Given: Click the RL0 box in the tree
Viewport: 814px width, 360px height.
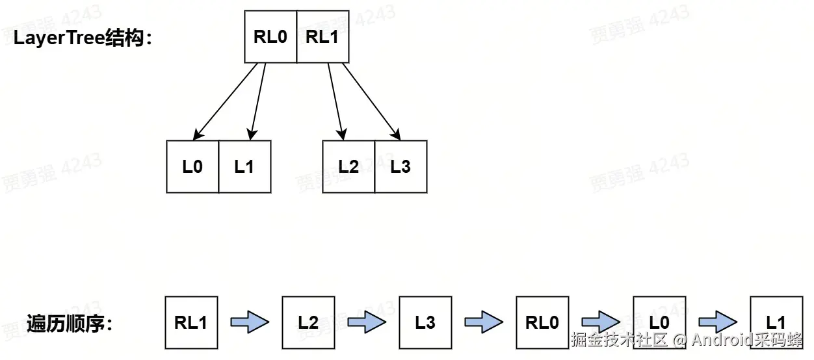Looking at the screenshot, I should [x=270, y=37].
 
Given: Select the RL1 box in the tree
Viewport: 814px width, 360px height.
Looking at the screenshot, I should [x=322, y=37].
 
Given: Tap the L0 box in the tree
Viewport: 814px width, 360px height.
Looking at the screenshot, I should [x=192, y=167].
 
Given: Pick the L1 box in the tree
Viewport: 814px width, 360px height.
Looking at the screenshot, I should [x=244, y=167].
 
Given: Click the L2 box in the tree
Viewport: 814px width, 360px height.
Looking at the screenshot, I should [x=348, y=167].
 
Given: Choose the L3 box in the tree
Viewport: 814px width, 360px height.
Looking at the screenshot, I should [x=400, y=167].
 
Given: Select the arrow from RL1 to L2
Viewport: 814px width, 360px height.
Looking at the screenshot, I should [x=335, y=101].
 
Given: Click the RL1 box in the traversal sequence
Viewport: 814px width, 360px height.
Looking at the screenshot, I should [x=191, y=323].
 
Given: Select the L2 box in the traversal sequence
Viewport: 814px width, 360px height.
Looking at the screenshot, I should [x=308, y=323].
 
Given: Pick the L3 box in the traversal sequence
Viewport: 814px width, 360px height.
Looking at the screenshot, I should [x=425, y=323].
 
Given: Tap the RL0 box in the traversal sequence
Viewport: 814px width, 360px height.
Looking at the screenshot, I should [x=542, y=323].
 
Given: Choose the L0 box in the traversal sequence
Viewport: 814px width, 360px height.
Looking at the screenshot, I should [x=659, y=323].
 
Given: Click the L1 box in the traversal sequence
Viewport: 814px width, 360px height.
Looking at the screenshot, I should [x=776, y=323].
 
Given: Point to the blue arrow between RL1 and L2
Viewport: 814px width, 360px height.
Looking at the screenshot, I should [x=250, y=322].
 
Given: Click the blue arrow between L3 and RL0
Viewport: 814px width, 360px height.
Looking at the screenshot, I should [x=484, y=322].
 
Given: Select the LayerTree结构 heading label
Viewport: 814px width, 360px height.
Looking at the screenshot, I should [x=83, y=38].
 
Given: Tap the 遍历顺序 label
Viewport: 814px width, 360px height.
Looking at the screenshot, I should [x=70, y=323].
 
